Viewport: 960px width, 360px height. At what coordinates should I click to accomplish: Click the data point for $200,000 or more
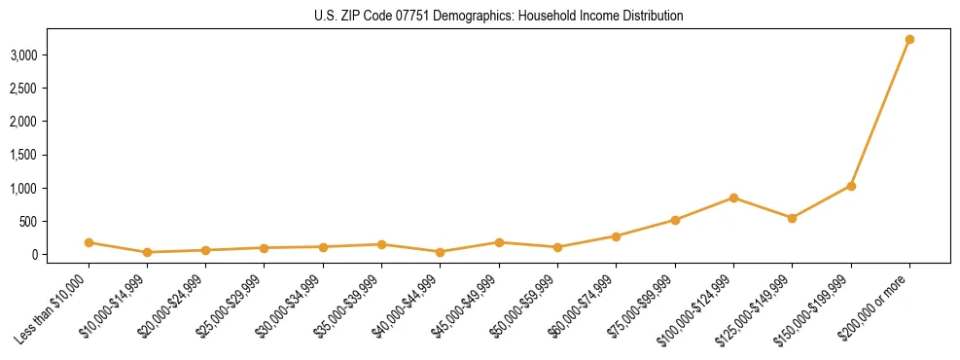pos(909,40)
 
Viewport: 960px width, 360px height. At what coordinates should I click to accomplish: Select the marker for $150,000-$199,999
pos(851,186)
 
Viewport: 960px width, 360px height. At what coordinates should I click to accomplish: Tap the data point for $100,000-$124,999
pos(733,198)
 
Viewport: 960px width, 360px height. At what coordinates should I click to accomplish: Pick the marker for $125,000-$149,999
pos(792,218)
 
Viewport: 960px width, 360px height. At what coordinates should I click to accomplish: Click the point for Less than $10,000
pos(89,242)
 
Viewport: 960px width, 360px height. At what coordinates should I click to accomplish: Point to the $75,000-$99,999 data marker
pos(675,220)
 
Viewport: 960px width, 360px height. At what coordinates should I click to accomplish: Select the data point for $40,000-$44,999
pos(441,252)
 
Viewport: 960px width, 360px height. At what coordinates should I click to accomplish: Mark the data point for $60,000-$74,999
pos(616,236)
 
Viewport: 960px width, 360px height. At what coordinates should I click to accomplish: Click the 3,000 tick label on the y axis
pos(23,54)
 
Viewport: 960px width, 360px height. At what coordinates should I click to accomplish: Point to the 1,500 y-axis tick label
pos(23,155)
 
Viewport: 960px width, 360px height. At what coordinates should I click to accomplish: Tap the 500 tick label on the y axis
pos(28,221)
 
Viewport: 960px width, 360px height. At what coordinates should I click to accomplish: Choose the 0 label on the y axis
pos(34,255)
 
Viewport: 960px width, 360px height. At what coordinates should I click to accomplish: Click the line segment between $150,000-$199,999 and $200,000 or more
pos(880,113)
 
